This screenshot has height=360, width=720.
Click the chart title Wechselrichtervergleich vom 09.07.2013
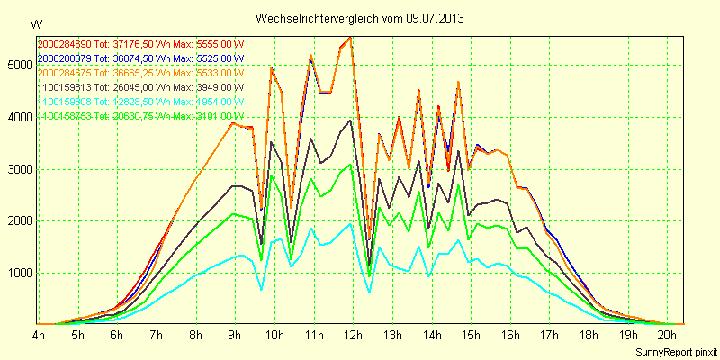pos(360,18)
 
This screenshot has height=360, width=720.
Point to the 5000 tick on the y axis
pos(18,65)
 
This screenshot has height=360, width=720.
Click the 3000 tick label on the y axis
pos(18,169)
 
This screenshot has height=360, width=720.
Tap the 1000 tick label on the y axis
pos(18,273)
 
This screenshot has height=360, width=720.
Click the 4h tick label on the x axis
pos(39,335)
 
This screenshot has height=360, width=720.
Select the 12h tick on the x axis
pos(352,335)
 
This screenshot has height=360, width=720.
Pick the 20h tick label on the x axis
pos(666,335)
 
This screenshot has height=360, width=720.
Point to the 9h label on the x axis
pos(235,335)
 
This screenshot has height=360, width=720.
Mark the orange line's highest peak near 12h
pos(350,38)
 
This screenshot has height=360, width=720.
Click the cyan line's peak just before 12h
pos(350,224)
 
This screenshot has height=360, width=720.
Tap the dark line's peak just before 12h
pos(350,120)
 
